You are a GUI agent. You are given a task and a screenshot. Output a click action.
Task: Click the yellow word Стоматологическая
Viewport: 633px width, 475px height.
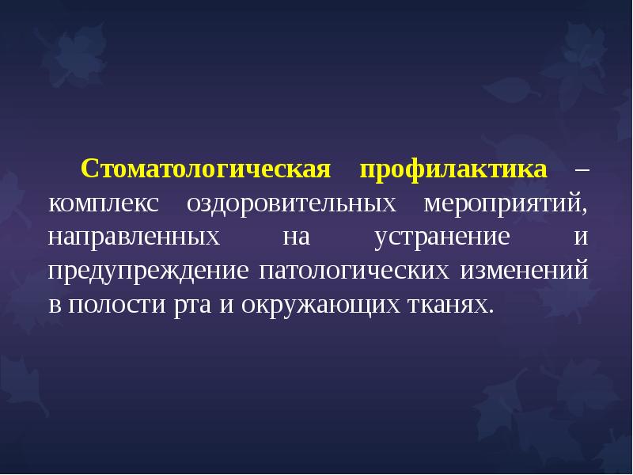[x=204, y=170]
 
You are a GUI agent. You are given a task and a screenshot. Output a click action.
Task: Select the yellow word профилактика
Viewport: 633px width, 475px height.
[x=453, y=170]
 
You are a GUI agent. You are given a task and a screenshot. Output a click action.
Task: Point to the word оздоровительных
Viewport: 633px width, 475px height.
[x=291, y=204]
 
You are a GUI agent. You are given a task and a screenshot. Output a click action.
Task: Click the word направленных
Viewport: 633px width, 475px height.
[x=133, y=237]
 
